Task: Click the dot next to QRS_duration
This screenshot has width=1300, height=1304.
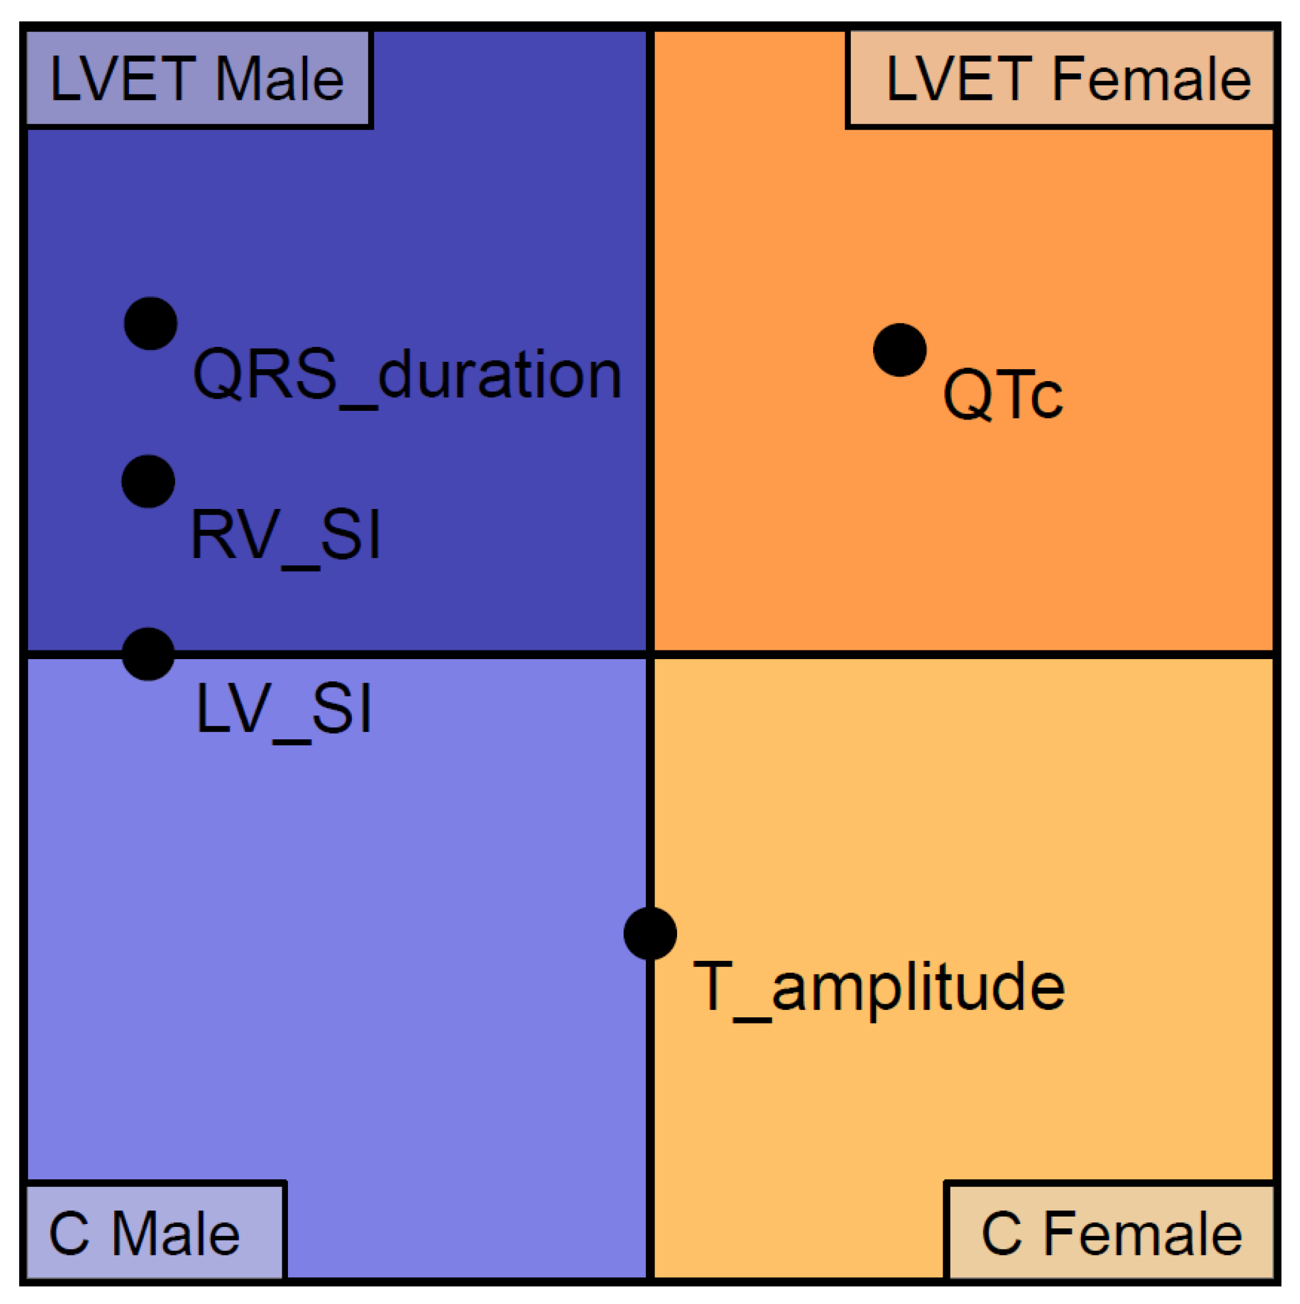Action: [x=151, y=323]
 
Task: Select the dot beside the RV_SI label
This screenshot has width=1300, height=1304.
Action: [x=148, y=481]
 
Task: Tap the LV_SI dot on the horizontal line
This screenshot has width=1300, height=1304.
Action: [x=148, y=654]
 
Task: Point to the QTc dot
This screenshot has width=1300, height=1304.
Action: [x=899, y=349]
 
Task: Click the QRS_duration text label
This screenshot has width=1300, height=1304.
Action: [x=406, y=375]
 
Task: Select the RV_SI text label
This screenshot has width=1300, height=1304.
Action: [x=285, y=534]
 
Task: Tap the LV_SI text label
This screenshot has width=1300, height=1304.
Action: [x=284, y=709]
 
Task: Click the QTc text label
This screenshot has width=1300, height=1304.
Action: [x=1002, y=395]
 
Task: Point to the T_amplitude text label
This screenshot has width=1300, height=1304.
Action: [x=879, y=987]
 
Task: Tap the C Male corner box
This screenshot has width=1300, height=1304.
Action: [x=154, y=1234]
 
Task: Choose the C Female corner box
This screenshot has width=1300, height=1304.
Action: [x=1110, y=1234]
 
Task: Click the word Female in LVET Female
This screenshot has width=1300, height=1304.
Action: [x=1152, y=79]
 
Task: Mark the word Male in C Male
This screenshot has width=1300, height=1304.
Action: [x=176, y=1234]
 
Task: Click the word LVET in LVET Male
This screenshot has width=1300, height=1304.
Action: [x=123, y=79]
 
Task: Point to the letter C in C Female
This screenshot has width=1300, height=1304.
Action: [x=1001, y=1234]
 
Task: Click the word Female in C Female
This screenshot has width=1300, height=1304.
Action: [x=1144, y=1234]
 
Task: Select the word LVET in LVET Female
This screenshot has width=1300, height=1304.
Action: [x=959, y=79]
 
